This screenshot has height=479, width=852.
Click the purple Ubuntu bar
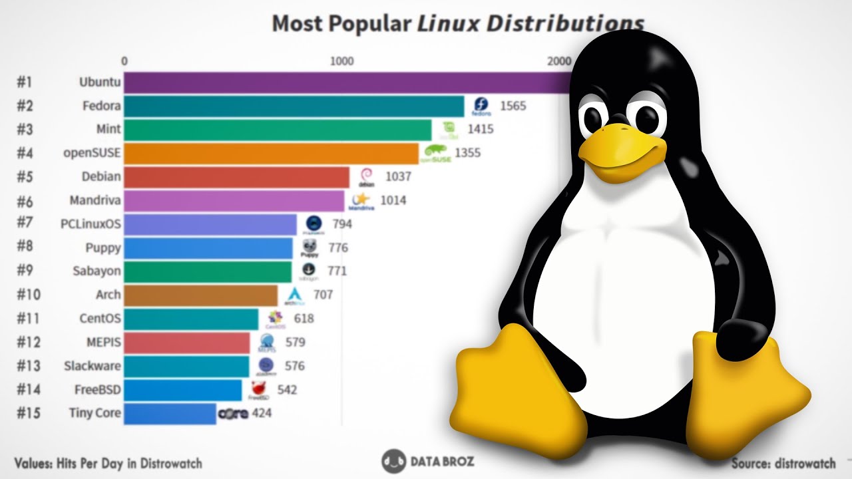346,82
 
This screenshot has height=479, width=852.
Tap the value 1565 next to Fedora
513,106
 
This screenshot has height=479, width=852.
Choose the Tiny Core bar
170,413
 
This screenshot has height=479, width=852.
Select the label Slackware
93,366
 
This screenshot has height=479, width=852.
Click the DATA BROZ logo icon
394,462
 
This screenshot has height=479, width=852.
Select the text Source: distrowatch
783,464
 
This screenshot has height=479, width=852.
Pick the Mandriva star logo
361,200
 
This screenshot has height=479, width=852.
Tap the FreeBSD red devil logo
259,389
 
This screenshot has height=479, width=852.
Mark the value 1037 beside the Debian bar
397,177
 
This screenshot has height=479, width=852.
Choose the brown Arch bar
200,295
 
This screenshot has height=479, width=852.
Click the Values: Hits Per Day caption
108,463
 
